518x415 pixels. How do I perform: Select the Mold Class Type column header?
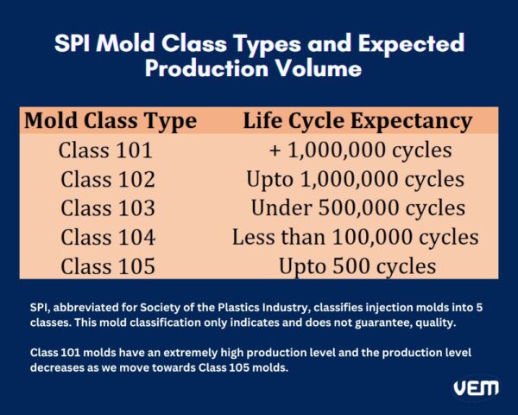coord(110,120)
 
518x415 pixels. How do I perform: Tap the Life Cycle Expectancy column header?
coord(357,120)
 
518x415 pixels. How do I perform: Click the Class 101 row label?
coord(105,150)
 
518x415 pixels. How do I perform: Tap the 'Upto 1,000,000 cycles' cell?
coord(356,180)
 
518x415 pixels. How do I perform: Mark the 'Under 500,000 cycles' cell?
coord(357,208)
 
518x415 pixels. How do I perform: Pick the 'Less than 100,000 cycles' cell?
coord(355,237)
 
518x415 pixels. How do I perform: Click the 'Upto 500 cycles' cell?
coord(357,266)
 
